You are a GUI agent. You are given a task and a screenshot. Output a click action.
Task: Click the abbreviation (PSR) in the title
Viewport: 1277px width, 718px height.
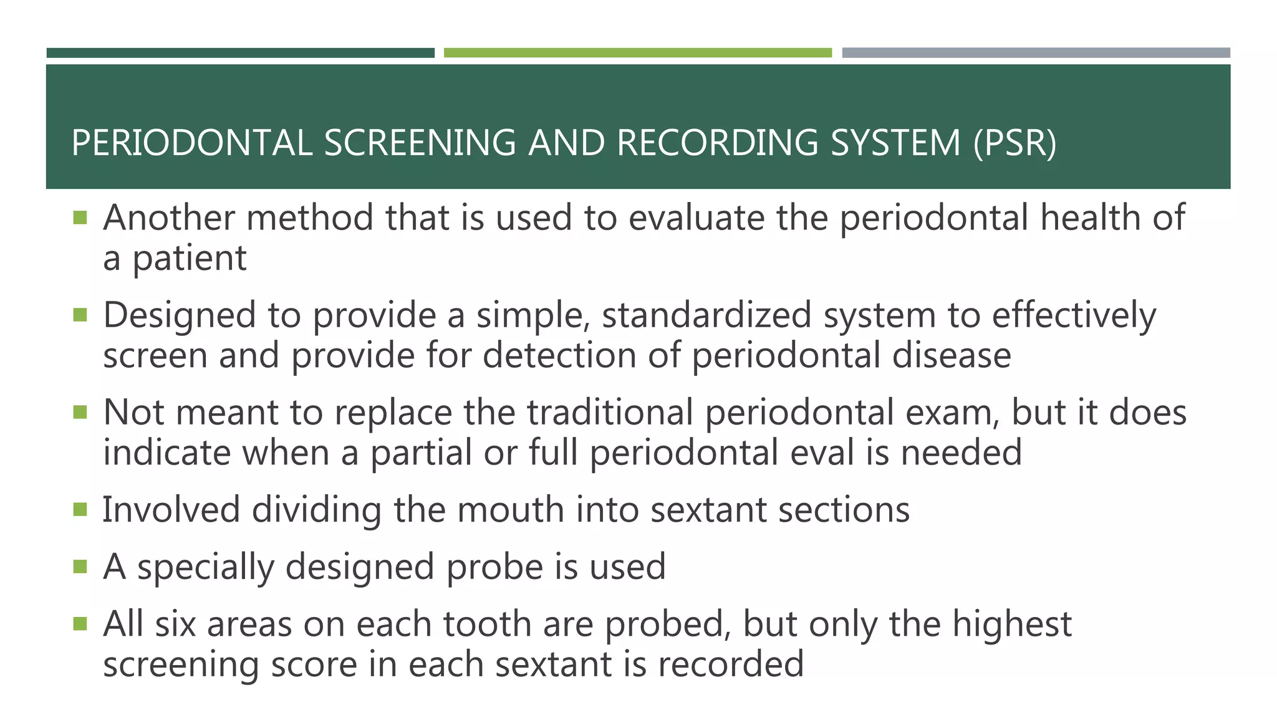[1014, 143]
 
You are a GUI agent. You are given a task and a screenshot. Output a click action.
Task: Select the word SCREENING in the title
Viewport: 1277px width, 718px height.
[420, 143]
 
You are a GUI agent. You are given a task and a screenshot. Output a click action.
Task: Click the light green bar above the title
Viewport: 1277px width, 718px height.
[637, 53]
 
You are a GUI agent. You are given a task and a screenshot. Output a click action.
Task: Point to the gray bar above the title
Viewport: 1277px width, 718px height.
[1036, 53]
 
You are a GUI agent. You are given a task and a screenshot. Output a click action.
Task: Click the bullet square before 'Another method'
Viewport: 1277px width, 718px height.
[80, 218]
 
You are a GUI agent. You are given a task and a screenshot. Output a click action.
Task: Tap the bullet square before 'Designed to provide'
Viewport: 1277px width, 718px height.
[80, 315]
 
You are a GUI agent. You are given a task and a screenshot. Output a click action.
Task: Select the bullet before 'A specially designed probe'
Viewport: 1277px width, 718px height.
[80, 567]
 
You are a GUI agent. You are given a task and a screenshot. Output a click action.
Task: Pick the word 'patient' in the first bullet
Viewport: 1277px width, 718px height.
[190, 258]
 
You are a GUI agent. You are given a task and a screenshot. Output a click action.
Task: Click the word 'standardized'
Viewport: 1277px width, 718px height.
[706, 315]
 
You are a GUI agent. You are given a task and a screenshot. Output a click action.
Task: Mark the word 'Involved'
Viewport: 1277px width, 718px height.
[171, 509]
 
